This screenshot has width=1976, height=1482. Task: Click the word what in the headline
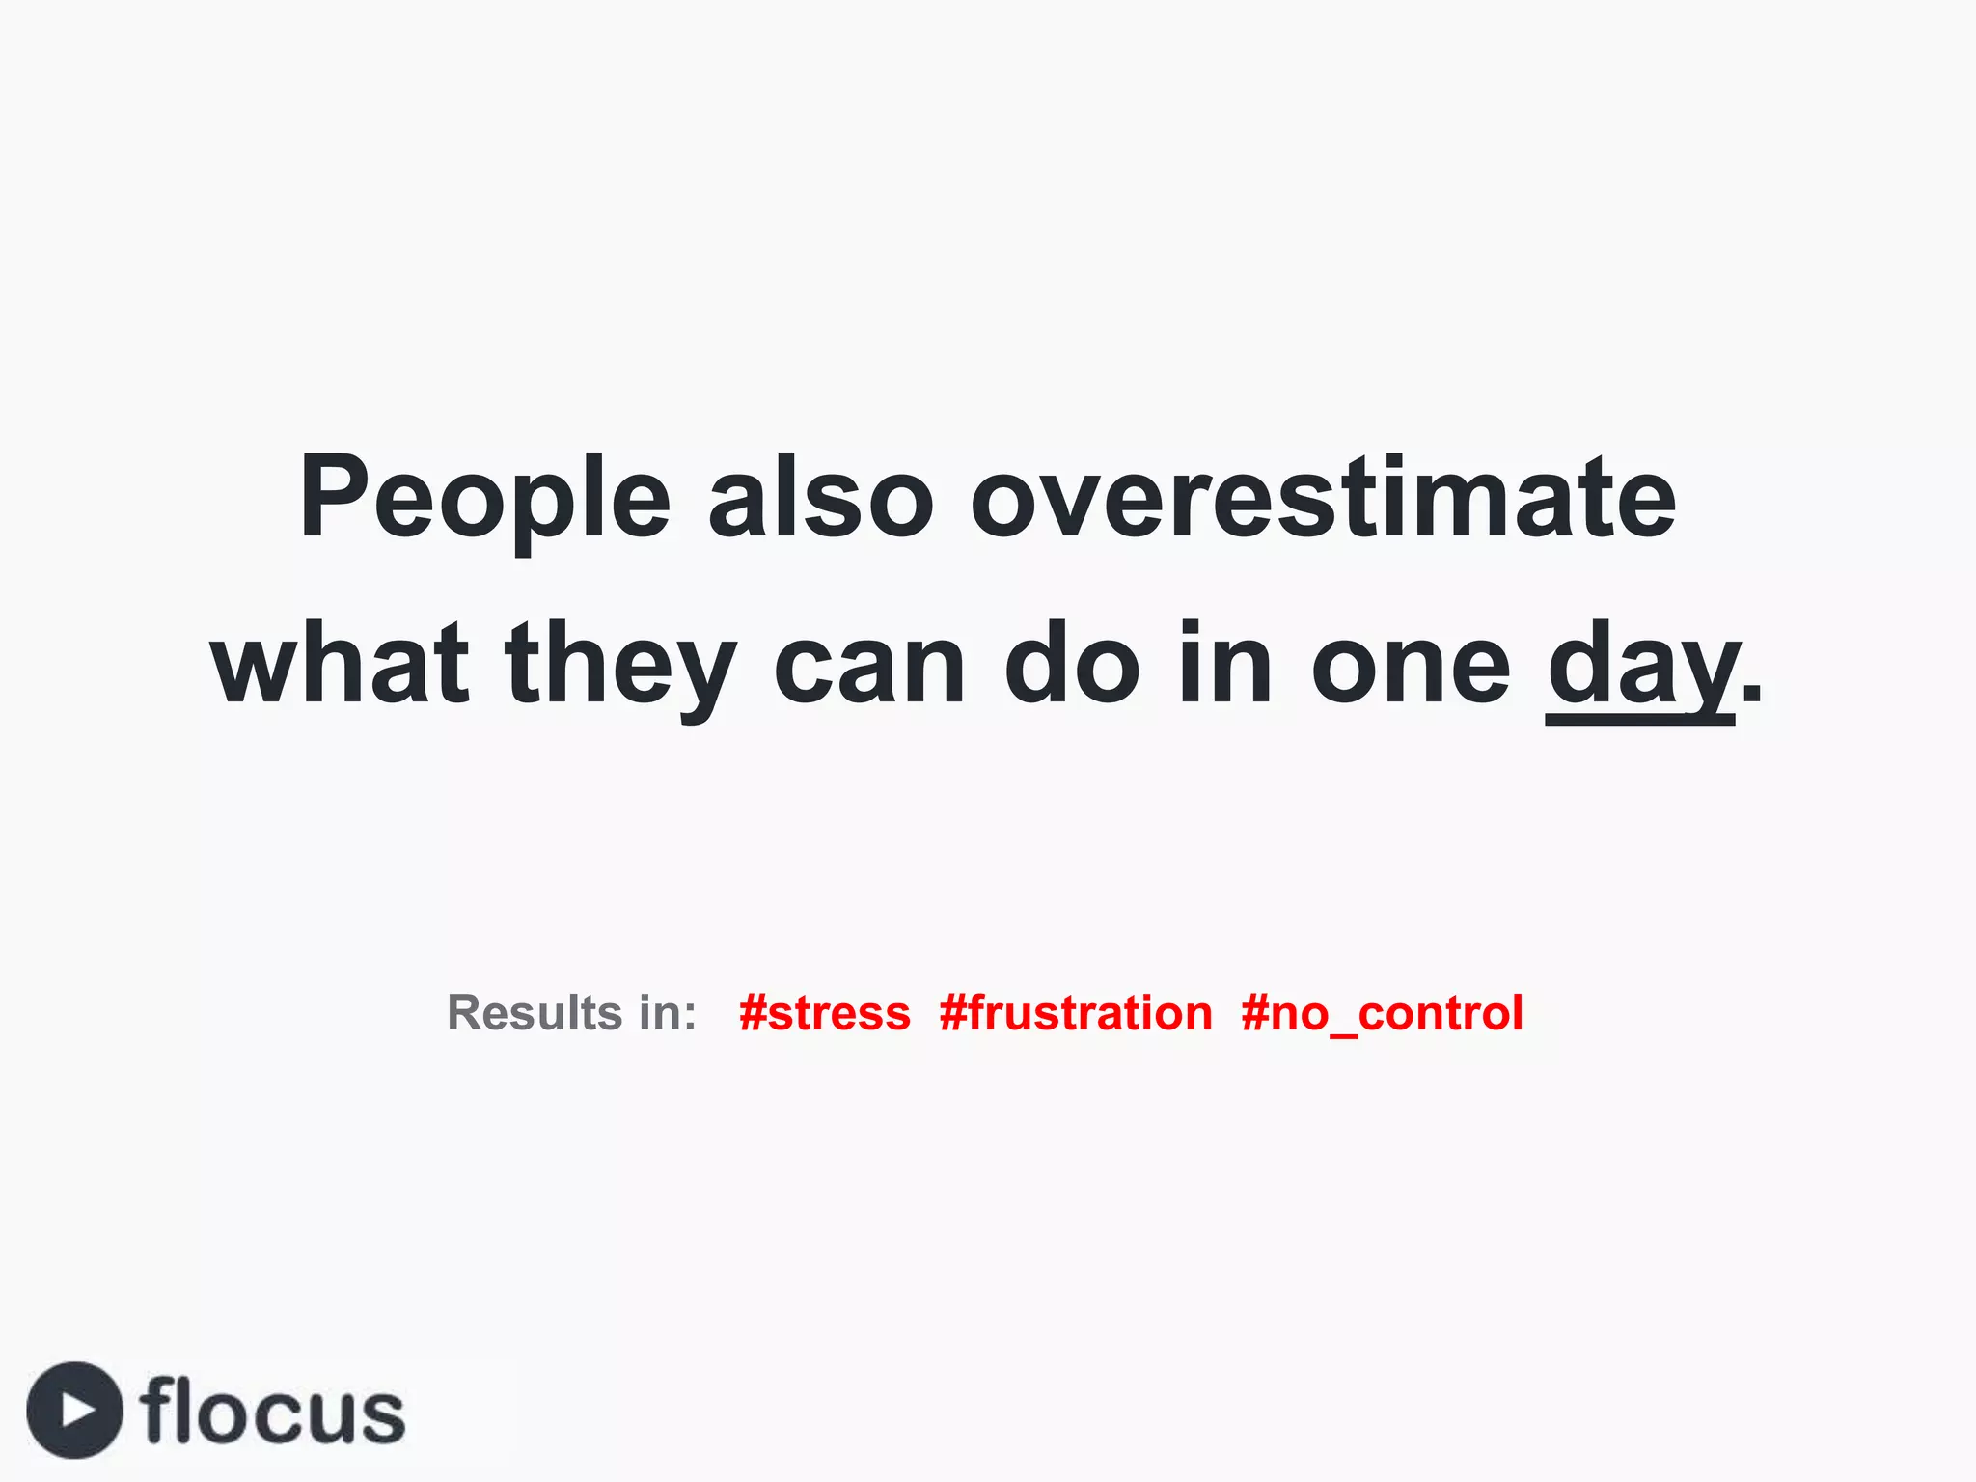[340, 665]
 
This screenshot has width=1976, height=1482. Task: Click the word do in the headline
[1072, 665]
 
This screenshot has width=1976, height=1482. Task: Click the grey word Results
[535, 1013]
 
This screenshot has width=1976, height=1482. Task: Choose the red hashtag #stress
[825, 1013]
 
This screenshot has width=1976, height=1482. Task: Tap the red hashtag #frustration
[1076, 1013]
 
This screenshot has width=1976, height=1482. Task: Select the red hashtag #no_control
[1382, 1013]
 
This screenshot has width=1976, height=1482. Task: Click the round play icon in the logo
[75, 1410]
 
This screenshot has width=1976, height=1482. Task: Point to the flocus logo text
[272, 1412]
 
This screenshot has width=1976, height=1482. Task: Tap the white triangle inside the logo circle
[78, 1410]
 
